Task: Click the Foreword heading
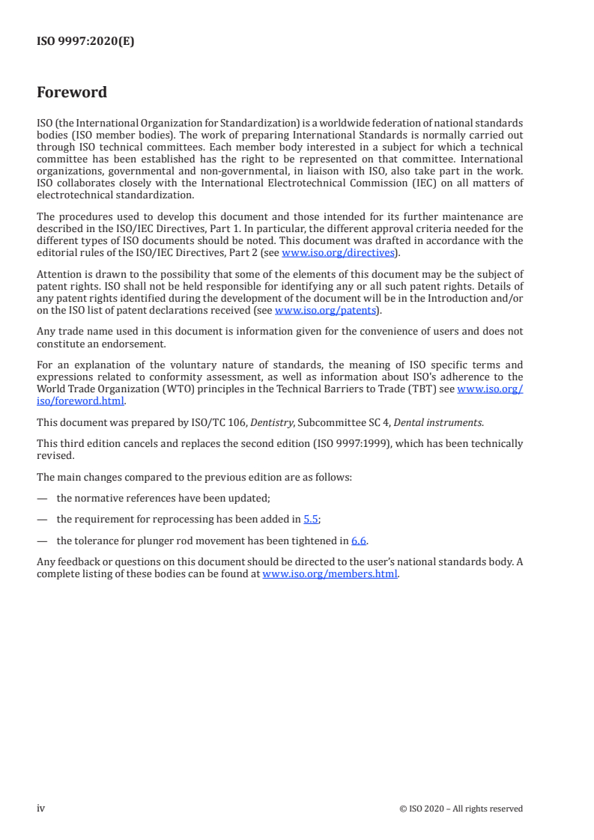click(72, 93)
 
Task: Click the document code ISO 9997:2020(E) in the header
click(85, 42)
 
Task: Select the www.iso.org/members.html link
click(330, 574)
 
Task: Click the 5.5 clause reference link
click(310, 518)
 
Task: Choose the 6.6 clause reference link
click(359, 540)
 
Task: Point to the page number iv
click(41, 809)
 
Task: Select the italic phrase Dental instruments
click(445, 422)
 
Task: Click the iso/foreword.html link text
click(81, 401)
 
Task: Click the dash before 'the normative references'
click(42, 496)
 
